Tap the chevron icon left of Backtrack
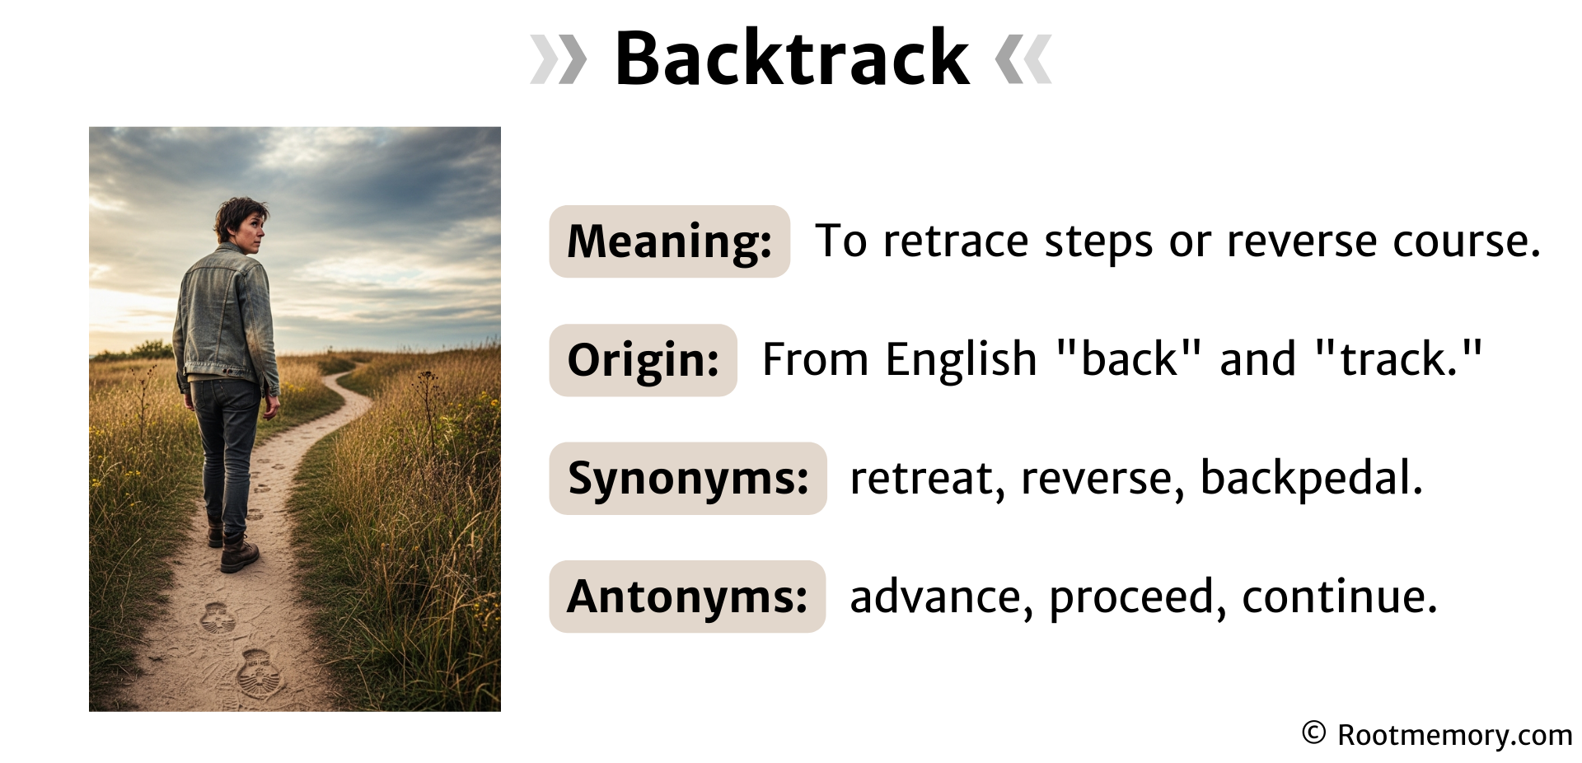(558, 59)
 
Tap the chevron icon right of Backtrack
(1023, 59)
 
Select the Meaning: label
(670, 241)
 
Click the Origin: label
(644, 360)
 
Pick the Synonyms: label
(688, 479)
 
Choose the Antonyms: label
(687, 597)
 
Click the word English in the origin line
(961, 360)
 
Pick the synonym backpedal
(1311, 478)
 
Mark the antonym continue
(1339, 597)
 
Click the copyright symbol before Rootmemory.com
(1314, 733)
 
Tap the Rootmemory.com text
(1455, 734)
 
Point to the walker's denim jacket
(226, 317)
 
